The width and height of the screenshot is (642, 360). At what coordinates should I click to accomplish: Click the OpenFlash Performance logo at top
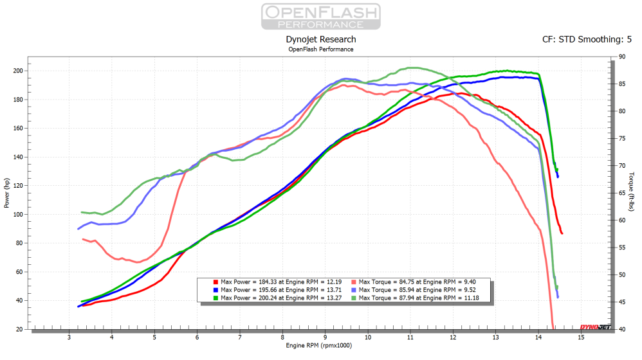(x=320, y=16)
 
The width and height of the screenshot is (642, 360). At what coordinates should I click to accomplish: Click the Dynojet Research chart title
(x=320, y=39)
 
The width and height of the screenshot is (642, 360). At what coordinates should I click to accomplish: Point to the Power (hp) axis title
(x=7, y=192)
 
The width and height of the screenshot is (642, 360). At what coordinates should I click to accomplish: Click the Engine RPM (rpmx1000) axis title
(x=320, y=346)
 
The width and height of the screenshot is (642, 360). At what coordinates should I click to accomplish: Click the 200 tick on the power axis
(x=19, y=71)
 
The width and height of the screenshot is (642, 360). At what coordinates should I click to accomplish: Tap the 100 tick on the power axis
(x=19, y=215)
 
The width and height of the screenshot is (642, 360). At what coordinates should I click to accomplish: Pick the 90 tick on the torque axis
(x=621, y=57)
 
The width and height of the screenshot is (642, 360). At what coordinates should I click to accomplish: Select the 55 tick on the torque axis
(x=621, y=248)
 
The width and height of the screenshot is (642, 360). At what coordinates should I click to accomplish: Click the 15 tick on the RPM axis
(x=581, y=337)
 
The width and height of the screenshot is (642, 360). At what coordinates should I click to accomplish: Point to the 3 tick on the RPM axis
(x=69, y=337)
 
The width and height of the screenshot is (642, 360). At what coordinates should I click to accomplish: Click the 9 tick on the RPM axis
(x=325, y=337)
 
